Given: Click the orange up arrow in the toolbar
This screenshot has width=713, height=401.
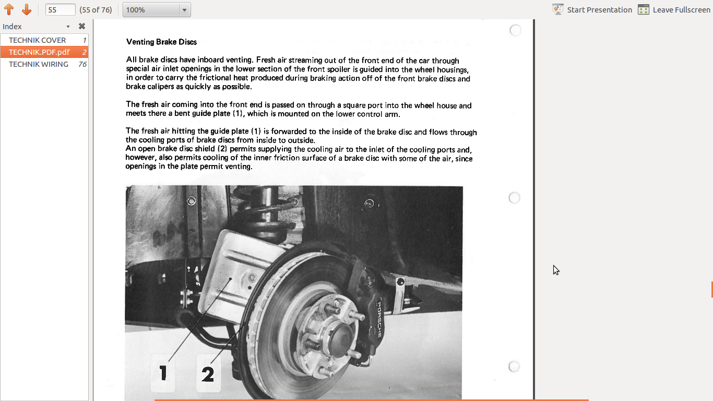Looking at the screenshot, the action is (x=9, y=9).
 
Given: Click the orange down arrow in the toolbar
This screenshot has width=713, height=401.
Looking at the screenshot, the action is (x=27, y=9).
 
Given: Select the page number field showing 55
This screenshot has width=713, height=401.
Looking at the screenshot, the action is (x=60, y=10).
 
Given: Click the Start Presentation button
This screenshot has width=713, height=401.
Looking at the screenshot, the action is (x=592, y=10).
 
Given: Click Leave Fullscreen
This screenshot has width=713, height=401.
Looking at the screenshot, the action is (x=674, y=10).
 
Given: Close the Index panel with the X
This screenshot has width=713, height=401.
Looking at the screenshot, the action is (x=82, y=26).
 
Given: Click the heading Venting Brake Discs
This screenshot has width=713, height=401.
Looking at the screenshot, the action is (x=161, y=42).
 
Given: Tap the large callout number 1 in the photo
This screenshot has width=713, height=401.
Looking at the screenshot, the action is (x=163, y=373).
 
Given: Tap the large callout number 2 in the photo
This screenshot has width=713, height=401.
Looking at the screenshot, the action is (x=208, y=374).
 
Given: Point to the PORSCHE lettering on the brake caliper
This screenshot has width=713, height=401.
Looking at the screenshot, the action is (x=379, y=320).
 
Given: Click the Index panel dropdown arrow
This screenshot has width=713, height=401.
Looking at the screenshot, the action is (x=68, y=27).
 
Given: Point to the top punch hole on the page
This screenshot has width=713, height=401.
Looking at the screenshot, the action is (x=515, y=30).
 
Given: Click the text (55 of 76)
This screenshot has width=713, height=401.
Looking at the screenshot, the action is (x=96, y=10).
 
